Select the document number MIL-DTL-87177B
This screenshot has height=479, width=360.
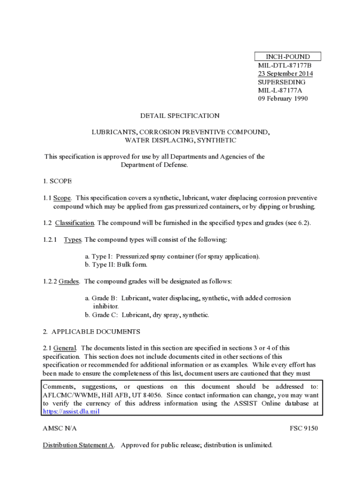(x=281, y=65)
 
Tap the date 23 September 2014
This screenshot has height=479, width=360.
(x=285, y=74)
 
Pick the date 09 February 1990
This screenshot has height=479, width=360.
(x=283, y=99)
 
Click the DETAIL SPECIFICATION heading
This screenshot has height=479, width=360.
(x=180, y=116)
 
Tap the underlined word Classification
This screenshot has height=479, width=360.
(x=75, y=223)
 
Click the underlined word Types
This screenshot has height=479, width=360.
(x=72, y=240)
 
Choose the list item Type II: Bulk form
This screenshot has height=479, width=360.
(x=116, y=265)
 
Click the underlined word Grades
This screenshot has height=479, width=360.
(x=69, y=282)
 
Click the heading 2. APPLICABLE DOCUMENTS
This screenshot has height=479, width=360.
(x=91, y=332)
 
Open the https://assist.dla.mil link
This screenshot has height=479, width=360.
(x=71, y=412)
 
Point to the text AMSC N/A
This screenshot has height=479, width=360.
(x=59, y=428)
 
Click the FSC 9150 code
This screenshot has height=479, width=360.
(x=304, y=428)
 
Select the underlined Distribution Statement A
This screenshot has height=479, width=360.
(x=79, y=445)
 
